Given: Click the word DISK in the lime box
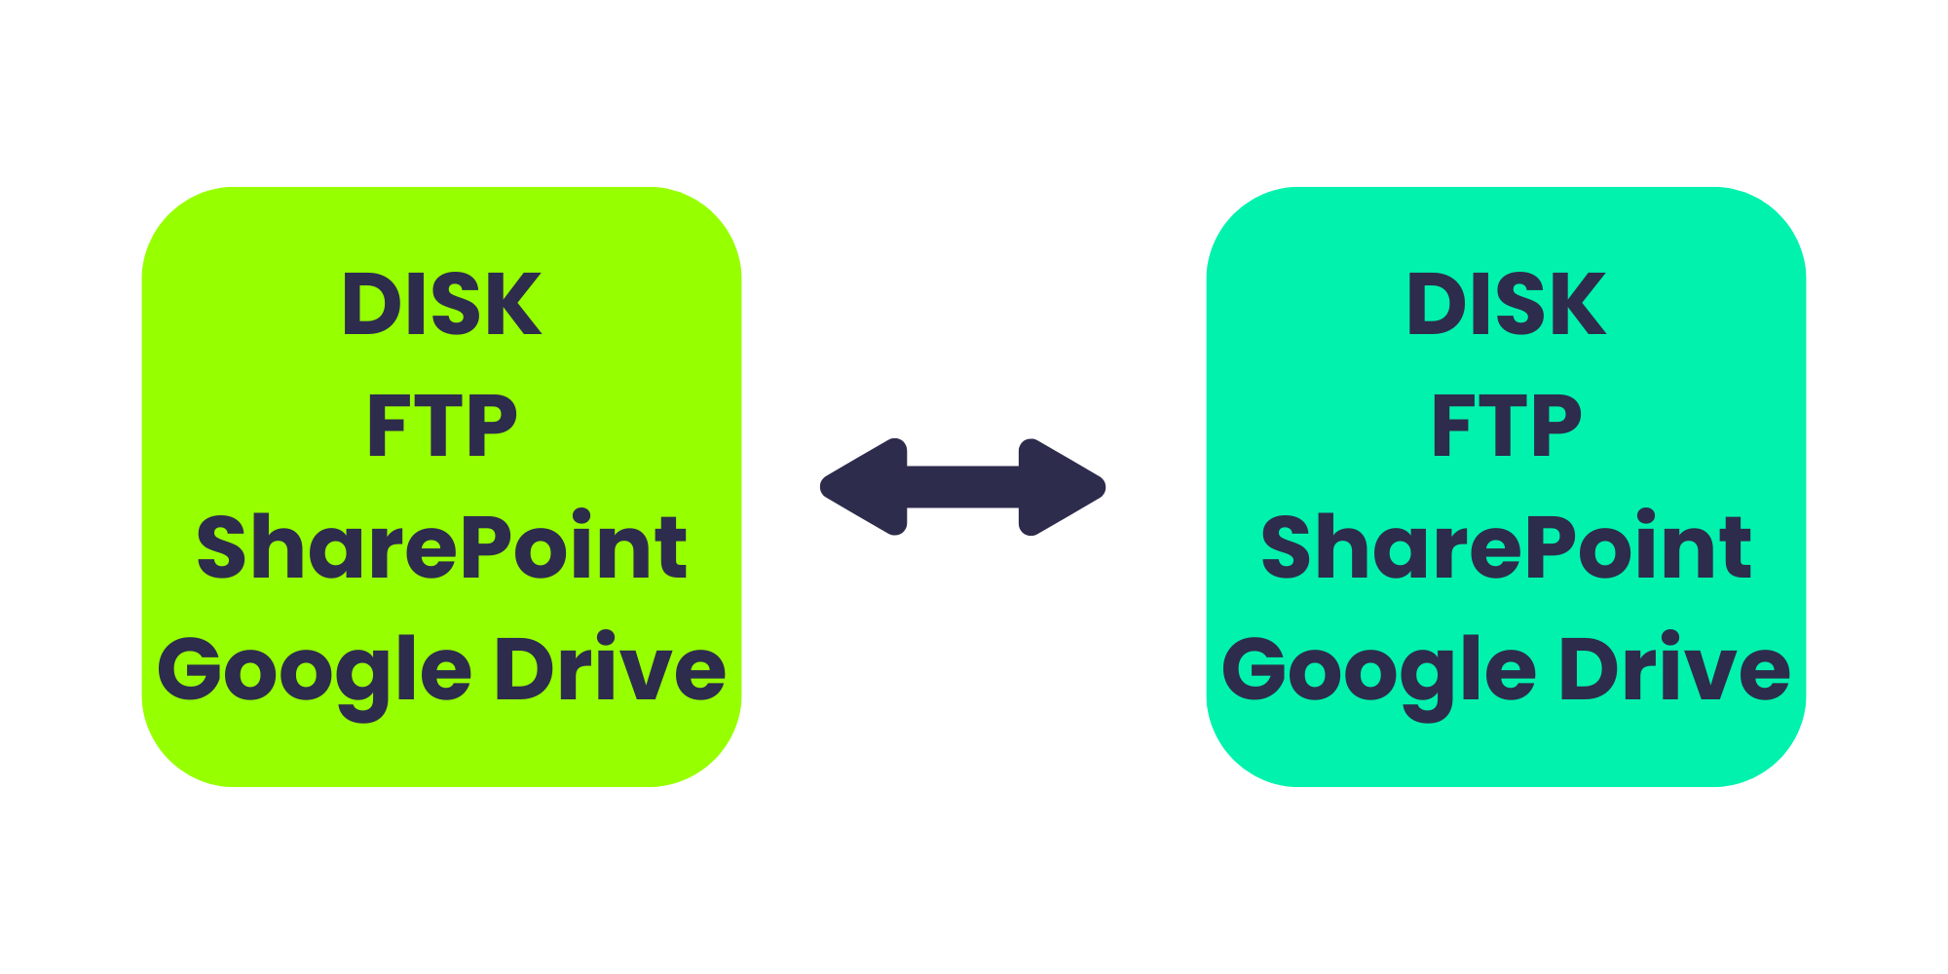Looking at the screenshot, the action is (x=441, y=304).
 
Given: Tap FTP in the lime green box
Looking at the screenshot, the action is (x=441, y=426).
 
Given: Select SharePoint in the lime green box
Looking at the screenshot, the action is (x=441, y=546).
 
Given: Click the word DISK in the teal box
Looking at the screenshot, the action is (x=1507, y=304).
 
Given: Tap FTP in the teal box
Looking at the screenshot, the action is (x=1507, y=426).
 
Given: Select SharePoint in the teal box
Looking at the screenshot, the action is (x=1507, y=546).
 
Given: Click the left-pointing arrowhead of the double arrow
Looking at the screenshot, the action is (x=864, y=487).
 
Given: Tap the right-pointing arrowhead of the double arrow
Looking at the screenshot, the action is (x=1063, y=487).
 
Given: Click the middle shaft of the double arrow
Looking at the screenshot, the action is (x=963, y=487).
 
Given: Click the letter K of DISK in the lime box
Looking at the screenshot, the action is (x=514, y=304).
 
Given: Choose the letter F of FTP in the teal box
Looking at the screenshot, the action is (x=1452, y=426).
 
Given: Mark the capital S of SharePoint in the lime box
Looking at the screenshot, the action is (x=220, y=546).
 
